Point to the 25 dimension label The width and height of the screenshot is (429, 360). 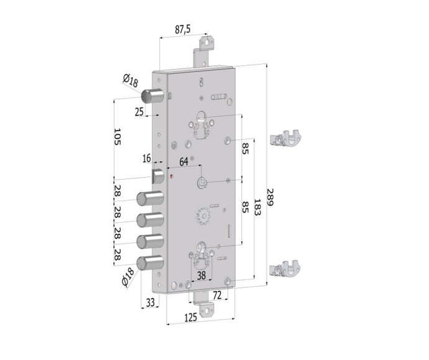click(139, 111)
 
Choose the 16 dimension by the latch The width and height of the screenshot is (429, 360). click(147, 159)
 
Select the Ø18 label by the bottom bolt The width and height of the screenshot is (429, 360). click(129, 276)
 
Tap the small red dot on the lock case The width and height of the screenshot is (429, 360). click(172, 176)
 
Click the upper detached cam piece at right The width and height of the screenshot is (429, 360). click(287, 137)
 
